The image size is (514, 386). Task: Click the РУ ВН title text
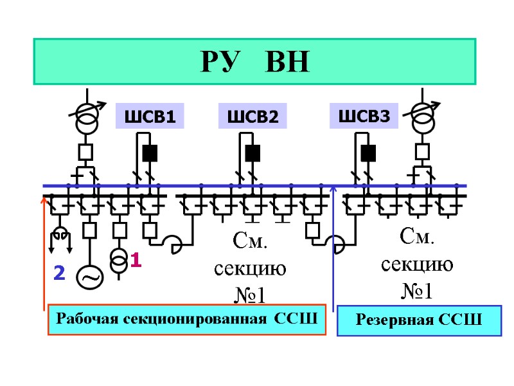255,62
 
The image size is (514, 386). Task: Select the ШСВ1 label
149,117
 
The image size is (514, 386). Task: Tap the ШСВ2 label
253,116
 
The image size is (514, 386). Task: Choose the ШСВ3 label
364,116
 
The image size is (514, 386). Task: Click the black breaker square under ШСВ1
150,153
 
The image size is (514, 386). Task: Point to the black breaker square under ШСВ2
253,153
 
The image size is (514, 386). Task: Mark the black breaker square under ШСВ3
368,153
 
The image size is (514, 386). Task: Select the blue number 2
59,273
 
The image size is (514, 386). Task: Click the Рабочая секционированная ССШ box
188,319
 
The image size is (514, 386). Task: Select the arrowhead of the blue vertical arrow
333,190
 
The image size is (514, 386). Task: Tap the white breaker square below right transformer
422,152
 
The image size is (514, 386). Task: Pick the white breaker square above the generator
90,230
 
